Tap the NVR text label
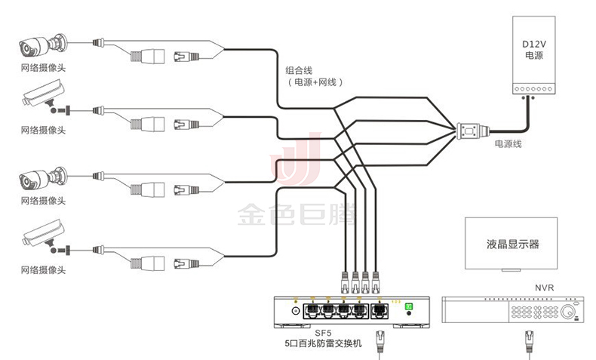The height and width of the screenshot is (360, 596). pyautogui.click(x=544, y=288)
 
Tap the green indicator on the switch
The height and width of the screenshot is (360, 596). pyautogui.click(x=409, y=307)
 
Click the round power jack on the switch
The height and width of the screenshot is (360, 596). pyautogui.click(x=294, y=310)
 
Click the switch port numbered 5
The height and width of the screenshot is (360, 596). pyautogui.click(x=380, y=309)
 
